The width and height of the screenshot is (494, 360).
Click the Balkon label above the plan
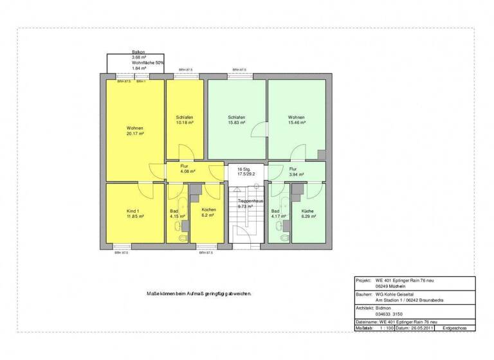pyautogui.click(x=138, y=51)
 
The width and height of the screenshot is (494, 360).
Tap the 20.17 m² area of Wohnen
pyautogui.click(x=135, y=134)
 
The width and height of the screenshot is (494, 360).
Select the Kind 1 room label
pyautogui.click(x=135, y=210)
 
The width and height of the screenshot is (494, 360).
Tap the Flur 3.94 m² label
pyautogui.click(x=296, y=172)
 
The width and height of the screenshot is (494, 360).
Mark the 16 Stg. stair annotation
pyautogui.click(x=244, y=169)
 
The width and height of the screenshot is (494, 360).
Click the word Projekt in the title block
pyautogui.click(x=364, y=281)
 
